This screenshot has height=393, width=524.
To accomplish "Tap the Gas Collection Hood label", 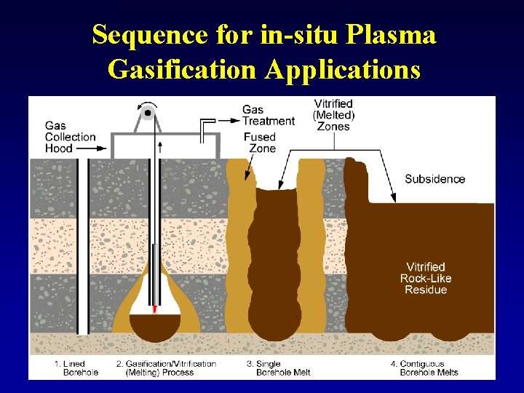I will [70, 137].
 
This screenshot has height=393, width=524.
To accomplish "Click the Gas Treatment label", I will [268, 116].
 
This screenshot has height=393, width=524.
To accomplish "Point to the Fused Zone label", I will [260, 143].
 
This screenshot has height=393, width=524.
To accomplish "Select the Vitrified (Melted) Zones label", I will [333, 115].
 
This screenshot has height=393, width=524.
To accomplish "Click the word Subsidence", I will [434, 179].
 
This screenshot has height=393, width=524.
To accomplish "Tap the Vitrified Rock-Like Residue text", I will [426, 278].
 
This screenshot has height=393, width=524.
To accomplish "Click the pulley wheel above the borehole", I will [148, 114].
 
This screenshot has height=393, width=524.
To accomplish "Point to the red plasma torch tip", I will [154, 309].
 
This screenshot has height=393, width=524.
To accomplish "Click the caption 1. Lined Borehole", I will [76, 368].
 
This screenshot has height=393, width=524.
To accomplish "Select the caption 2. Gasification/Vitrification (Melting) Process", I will [166, 368].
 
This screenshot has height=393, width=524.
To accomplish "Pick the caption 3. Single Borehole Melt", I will [278, 368].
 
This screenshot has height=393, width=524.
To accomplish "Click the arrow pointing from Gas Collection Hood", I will [92, 148].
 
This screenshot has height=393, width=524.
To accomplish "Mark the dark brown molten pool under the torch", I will [154, 327].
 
